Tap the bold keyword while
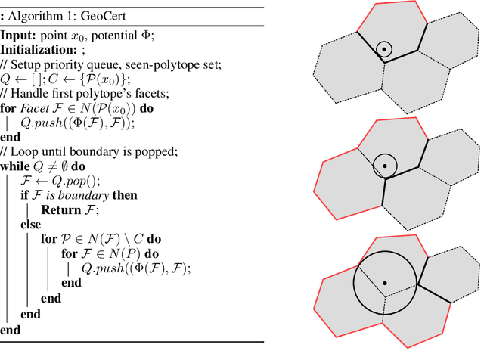click(x=15, y=166)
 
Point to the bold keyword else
click(x=29, y=224)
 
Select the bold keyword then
click(x=125, y=195)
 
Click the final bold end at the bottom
click(x=11, y=330)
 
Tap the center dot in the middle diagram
click(x=385, y=165)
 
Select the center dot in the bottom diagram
click(x=385, y=283)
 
